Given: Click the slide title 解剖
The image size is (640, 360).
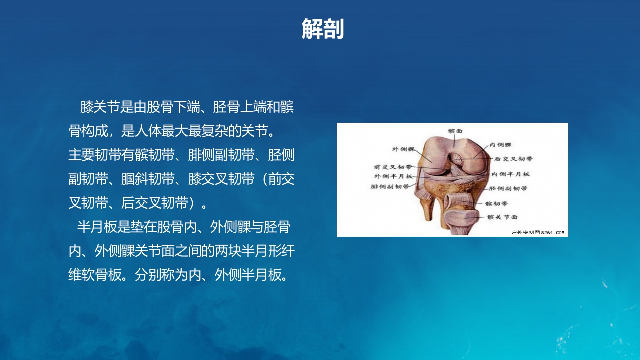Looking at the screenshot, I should click(x=323, y=29).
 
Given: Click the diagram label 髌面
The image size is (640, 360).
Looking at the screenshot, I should click(x=455, y=131).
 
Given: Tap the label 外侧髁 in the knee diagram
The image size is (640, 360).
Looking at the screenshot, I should click(x=403, y=149).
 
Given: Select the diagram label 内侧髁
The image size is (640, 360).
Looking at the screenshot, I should click(x=500, y=145).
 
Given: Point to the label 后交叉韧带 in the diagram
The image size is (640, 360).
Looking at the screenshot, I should click(x=513, y=159).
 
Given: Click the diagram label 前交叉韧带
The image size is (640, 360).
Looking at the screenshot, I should click(x=393, y=167).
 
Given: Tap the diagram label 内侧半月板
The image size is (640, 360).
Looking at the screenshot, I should click(x=511, y=174).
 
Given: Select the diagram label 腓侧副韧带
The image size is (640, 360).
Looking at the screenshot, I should click(x=390, y=187).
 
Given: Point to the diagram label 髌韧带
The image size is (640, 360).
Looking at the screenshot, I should click(x=497, y=204).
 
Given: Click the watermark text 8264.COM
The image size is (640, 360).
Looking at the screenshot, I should click(x=552, y=232).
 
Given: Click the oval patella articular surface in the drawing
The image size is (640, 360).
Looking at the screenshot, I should click(x=463, y=218).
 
